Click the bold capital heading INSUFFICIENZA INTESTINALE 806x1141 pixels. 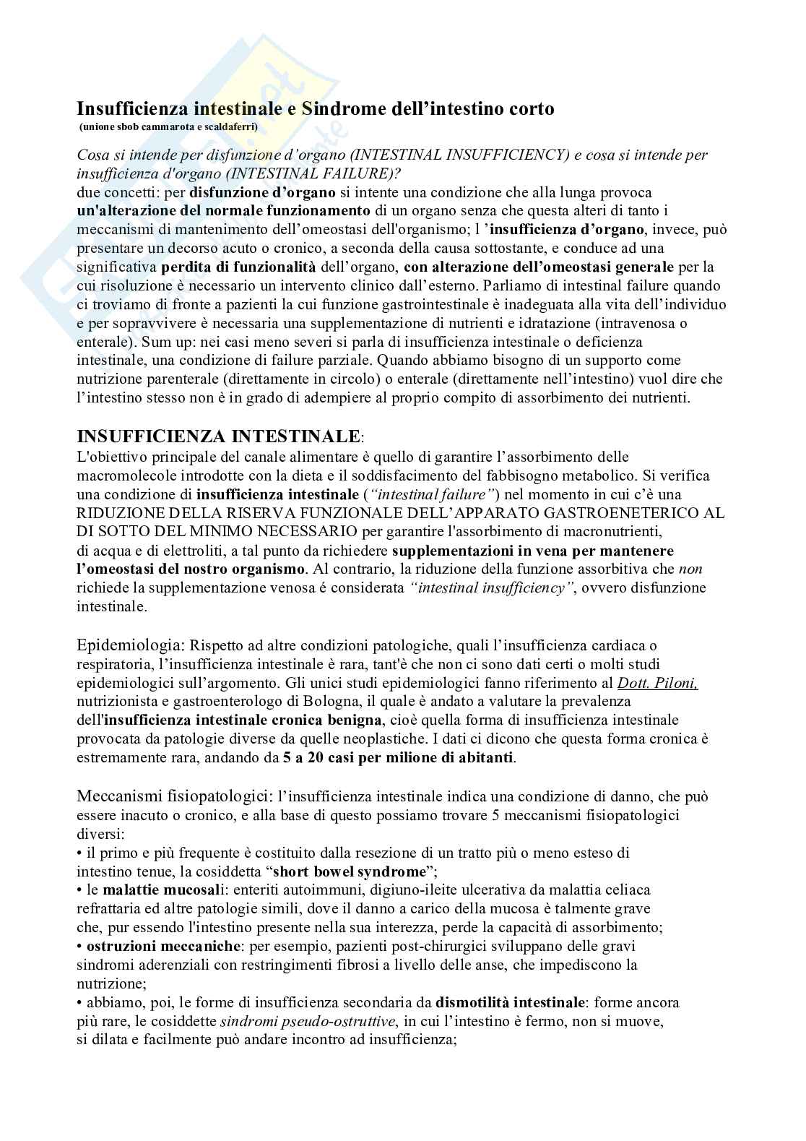[218, 436]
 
